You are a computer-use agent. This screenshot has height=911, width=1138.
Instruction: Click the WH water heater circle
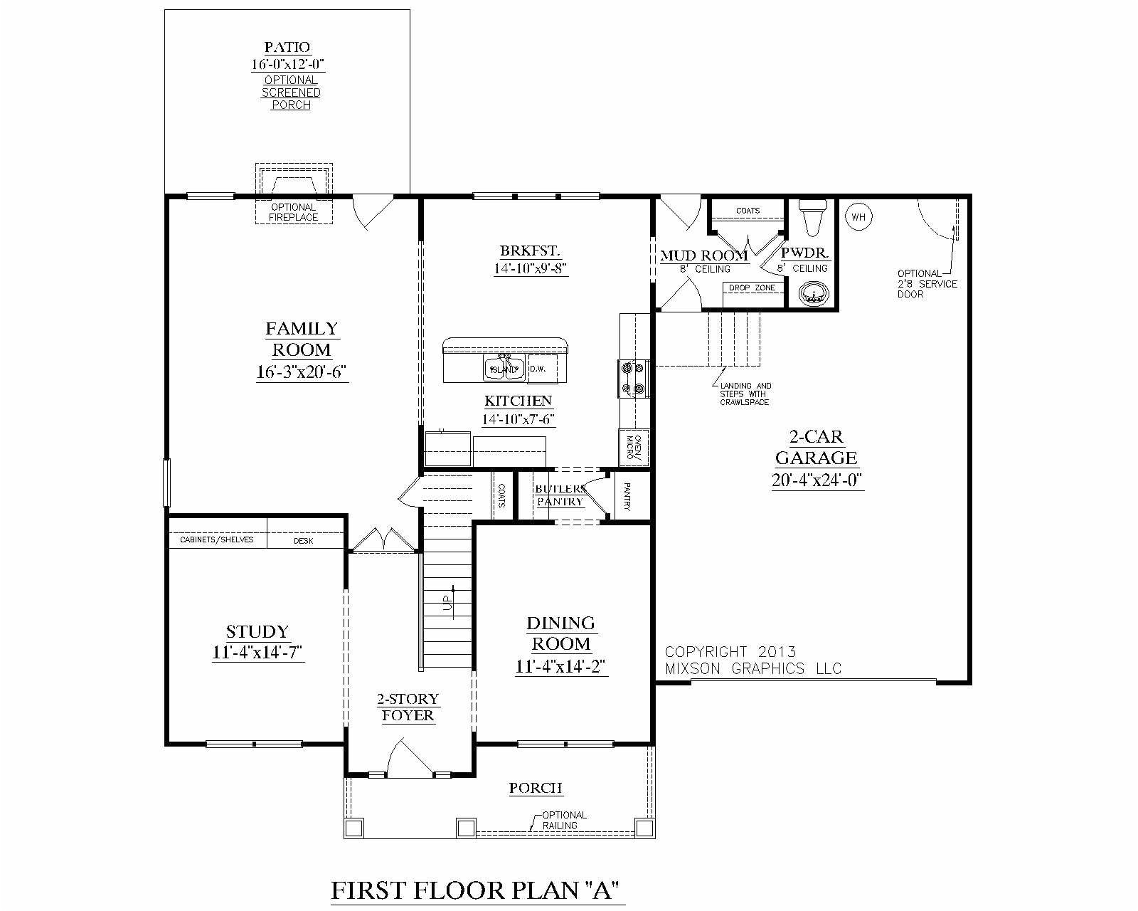[858, 216]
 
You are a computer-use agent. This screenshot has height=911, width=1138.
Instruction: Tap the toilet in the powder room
[812, 216]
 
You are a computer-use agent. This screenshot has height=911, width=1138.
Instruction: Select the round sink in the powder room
[812, 293]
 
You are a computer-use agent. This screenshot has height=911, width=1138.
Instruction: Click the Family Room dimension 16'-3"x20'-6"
[302, 372]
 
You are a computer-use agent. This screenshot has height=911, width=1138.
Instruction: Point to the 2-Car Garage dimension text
[817, 480]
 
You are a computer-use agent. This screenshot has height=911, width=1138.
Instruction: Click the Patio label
[287, 48]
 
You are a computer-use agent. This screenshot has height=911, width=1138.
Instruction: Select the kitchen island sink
[504, 368]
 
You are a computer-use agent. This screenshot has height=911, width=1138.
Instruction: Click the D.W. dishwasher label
[537, 369]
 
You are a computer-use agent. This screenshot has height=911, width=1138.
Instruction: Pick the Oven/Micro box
[634, 448]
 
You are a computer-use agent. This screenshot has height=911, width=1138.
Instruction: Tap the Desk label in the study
[304, 541]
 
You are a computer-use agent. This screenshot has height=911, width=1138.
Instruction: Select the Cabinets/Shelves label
[217, 540]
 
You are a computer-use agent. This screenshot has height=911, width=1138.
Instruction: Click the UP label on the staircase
[448, 602]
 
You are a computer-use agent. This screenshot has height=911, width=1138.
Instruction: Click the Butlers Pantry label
[560, 495]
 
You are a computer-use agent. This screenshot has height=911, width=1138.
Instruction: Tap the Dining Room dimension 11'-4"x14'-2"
[560, 666]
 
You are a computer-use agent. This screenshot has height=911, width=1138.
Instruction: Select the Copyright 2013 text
[730, 652]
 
